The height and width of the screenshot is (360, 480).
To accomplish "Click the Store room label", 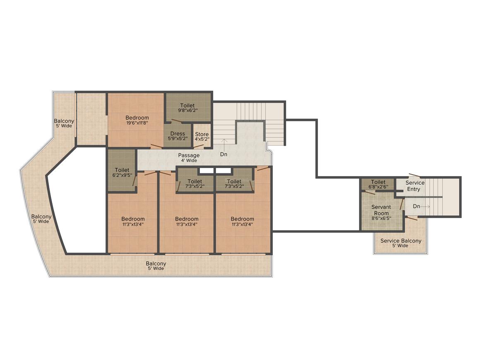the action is (202, 134).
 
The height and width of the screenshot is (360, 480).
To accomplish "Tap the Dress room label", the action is (178, 134).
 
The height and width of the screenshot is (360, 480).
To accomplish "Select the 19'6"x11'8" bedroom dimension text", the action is (137, 123).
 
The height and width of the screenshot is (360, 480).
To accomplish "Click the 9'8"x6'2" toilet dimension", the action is (187, 110).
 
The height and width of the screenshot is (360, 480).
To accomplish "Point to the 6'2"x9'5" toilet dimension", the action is (122, 175).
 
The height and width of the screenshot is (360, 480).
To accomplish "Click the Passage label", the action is (189, 156).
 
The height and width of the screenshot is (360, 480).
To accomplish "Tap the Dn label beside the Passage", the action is (224, 154).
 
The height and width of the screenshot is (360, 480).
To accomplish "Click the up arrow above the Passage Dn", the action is (224, 144).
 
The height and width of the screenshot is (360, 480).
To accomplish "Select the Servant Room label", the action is (381, 210).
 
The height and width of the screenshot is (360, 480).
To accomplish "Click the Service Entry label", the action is (415, 186).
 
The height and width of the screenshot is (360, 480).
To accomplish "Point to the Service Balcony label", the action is (401, 241).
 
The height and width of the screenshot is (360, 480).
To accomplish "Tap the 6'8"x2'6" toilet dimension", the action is (378, 187).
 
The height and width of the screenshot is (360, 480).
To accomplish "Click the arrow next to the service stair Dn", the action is (425, 206).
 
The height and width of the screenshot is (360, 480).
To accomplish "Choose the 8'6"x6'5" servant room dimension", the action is (381, 218).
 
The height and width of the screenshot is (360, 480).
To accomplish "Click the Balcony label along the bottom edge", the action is (156, 264).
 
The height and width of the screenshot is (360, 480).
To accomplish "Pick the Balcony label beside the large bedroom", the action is (64, 121).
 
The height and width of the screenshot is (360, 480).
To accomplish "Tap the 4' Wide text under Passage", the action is (189, 161).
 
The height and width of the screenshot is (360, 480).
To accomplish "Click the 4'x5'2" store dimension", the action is (202, 139).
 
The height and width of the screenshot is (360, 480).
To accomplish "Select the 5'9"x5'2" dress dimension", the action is (178, 139).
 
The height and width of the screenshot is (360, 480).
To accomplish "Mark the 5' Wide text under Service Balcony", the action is (401, 245).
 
